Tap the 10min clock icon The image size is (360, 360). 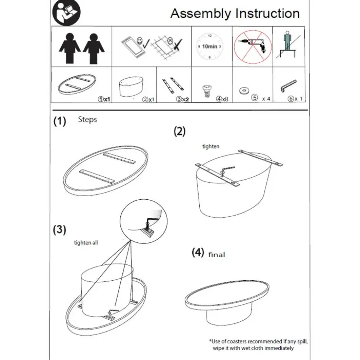pyautogui.click(x=209, y=46)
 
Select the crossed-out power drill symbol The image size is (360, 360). pyautogui.click(x=252, y=46)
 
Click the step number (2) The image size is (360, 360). pyautogui.click(x=179, y=132)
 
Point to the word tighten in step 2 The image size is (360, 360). pyautogui.click(x=211, y=146)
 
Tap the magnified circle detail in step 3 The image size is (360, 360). pyautogui.click(x=143, y=220)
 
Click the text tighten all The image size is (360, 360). pyautogui.click(x=86, y=243)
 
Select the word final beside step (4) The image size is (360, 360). pyautogui.click(x=216, y=254)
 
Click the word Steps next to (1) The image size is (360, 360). pyautogui.click(x=87, y=119)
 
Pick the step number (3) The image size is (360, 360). pyautogui.click(x=59, y=230)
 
